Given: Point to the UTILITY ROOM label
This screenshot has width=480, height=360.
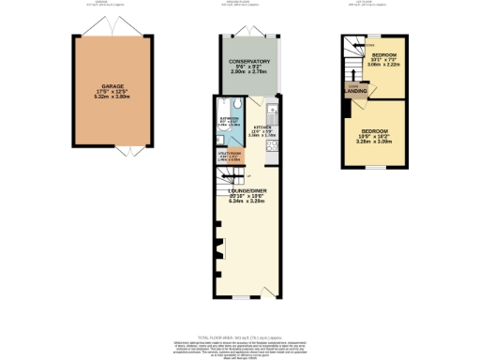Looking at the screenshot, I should click(229, 154).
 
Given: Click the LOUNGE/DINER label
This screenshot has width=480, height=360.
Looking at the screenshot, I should click(248, 189).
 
